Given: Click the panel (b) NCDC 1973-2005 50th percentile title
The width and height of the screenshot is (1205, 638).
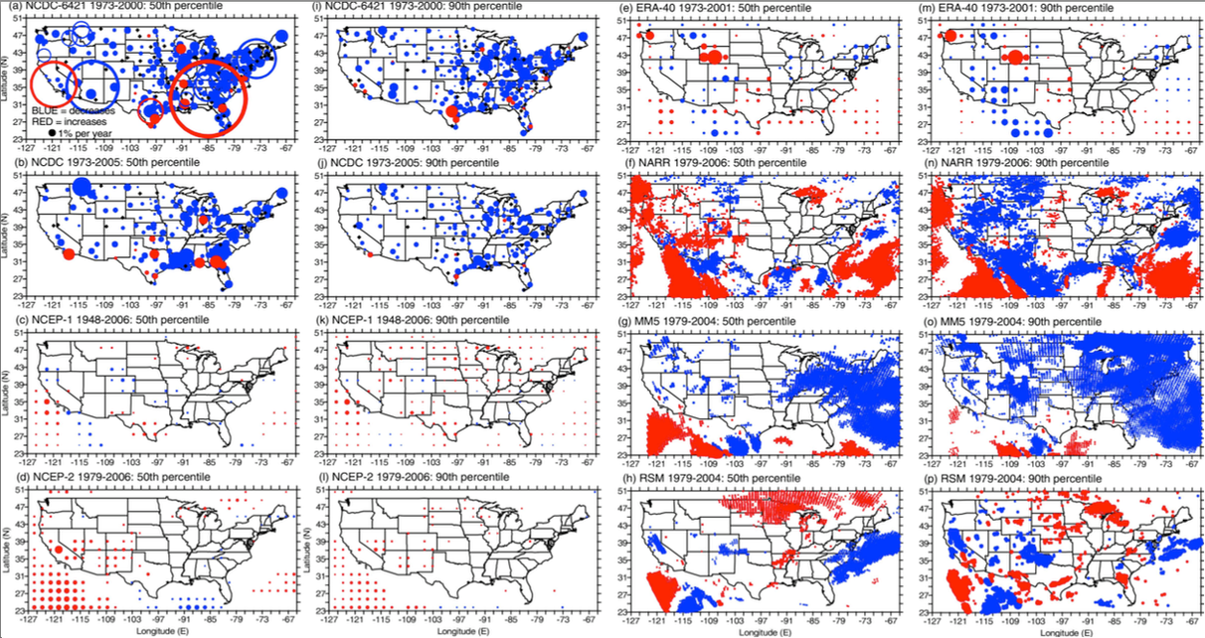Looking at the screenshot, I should pos(118,166).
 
